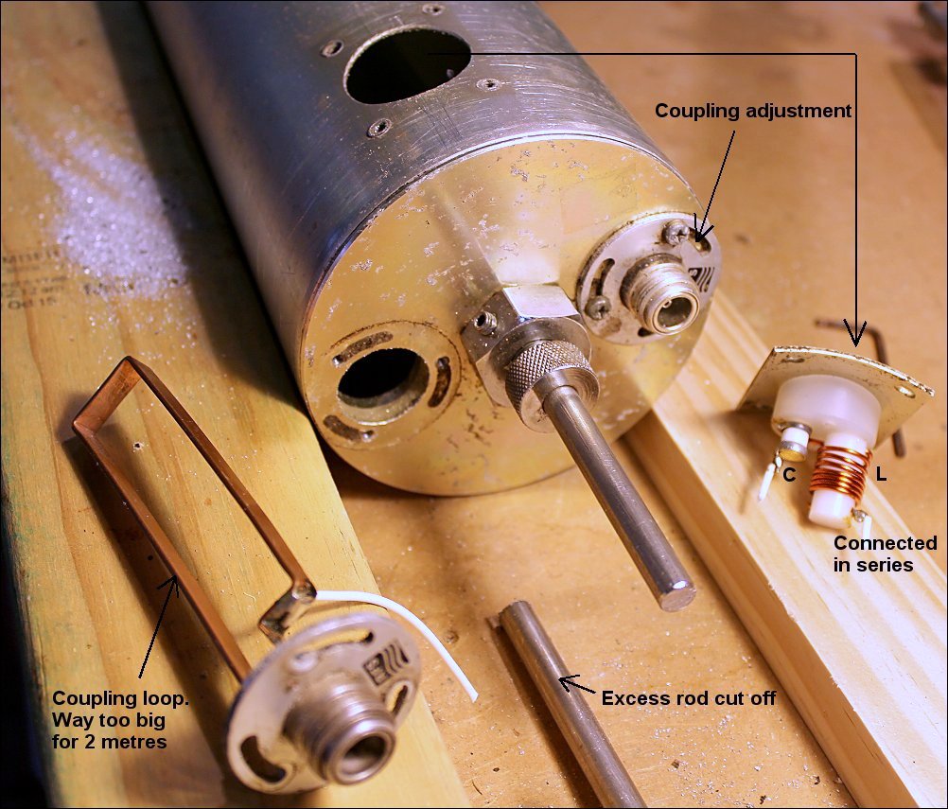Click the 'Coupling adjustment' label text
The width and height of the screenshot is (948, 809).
(x=753, y=112)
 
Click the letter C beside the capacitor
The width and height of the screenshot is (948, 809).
(x=789, y=476)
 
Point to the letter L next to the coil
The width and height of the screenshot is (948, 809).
(x=881, y=475)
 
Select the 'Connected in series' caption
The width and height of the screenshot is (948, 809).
(x=886, y=554)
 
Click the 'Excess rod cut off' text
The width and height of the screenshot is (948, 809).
(x=689, y=698)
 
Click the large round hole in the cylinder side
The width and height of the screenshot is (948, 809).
(x=407, y=65)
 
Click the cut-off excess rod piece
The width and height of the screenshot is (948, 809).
(x=569, y=704)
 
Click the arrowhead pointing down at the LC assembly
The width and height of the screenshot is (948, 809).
(x=855, y=334)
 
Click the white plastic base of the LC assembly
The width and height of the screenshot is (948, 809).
(x=827, y=405)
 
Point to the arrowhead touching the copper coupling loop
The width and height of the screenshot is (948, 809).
(x=173, y=584)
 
